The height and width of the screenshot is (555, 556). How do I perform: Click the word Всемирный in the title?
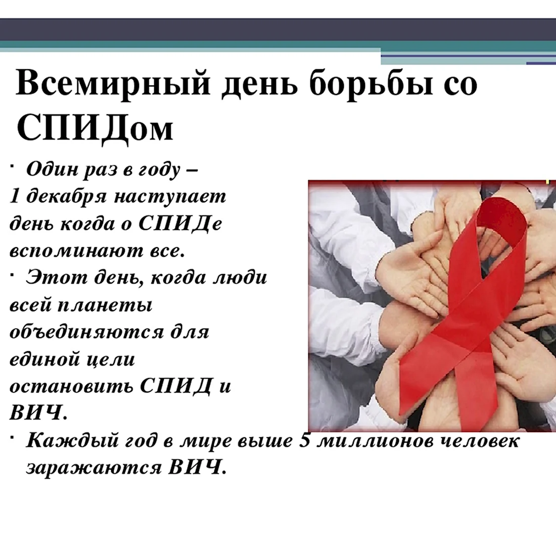[x=113, y=84]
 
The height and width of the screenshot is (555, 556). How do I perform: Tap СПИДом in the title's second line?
[x=95, y=128]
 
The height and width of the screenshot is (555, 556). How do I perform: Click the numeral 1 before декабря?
[x=14, y=196]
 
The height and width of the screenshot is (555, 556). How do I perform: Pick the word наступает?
[x=170, y=197]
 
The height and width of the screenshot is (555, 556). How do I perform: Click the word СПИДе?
[x=180, y=223]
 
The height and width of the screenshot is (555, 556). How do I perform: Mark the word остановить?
[x=71, y=386]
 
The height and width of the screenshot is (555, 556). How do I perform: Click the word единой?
[x=40, y=359]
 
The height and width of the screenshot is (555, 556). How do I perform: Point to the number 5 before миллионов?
[x=305, y=440]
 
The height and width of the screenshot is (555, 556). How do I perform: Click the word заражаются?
[x=94, y=468]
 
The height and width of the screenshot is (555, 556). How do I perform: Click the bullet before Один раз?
[x=12, y=166]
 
